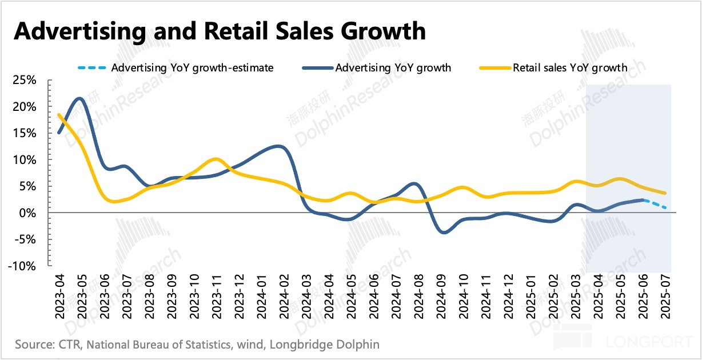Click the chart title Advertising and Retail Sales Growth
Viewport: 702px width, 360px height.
[220, 31]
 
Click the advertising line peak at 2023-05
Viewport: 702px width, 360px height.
[79, 98]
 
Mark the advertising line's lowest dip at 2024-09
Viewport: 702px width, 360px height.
[442, 233]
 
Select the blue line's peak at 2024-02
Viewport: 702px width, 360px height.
[280, 146]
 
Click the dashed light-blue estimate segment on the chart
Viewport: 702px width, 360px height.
[655, 203]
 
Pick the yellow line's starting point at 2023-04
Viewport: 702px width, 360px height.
[58, 115]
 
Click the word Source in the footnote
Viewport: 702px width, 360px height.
[32, 345]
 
